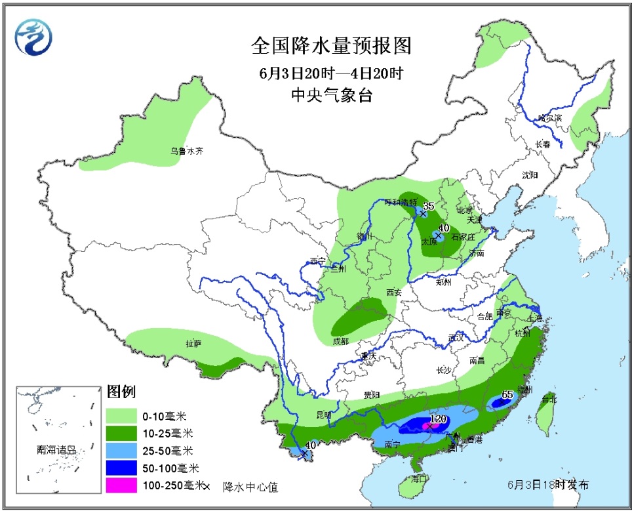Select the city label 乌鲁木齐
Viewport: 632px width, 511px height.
(x=188, y=151)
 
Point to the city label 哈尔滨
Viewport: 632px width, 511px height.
(x=549, y=118)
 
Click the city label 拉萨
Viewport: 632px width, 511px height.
(x=193, y=343)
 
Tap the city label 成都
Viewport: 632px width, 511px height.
(x=341, y=341)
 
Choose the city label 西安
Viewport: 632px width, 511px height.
(x=393, y=292)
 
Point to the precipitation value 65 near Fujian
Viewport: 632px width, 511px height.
(x=507, y=395)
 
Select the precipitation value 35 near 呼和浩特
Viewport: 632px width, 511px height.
(x=428, y=206)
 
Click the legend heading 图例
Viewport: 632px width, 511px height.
(x=121, y=392)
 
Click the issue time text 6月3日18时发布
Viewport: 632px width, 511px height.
(x=547, y=485)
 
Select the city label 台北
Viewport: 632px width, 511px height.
(x=548, y=399)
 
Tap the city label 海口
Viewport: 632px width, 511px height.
(x=420, y=479)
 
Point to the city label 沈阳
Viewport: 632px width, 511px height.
(x=530, y=175)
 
